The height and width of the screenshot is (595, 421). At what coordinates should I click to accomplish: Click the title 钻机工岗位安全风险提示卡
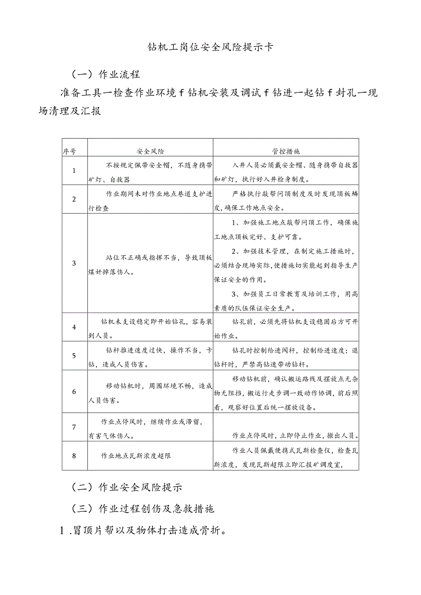pos(210,48)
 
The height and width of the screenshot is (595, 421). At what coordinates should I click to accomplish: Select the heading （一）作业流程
pos(106,74)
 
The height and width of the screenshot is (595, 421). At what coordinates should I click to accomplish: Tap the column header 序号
pos(69,151)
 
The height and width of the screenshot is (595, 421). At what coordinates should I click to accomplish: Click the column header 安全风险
pos(151,151)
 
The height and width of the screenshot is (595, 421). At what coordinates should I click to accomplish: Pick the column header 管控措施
pos(286,151)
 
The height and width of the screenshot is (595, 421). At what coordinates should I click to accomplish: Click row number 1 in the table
pos(74,171)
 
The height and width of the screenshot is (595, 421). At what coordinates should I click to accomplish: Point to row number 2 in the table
pos(74,199)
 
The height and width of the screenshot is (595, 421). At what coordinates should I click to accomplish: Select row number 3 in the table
pos(74,263)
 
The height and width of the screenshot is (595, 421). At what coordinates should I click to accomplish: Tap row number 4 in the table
pos(74,327)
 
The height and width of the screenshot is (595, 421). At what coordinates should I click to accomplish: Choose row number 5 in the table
pos(74,355)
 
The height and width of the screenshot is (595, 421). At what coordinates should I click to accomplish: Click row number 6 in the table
pos(74,391)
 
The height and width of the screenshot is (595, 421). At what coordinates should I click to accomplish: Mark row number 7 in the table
pos(74,427)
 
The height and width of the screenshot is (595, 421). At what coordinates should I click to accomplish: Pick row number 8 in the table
pos(74,456)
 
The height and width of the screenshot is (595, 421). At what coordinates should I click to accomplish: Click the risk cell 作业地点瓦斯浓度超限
pos(136,456)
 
